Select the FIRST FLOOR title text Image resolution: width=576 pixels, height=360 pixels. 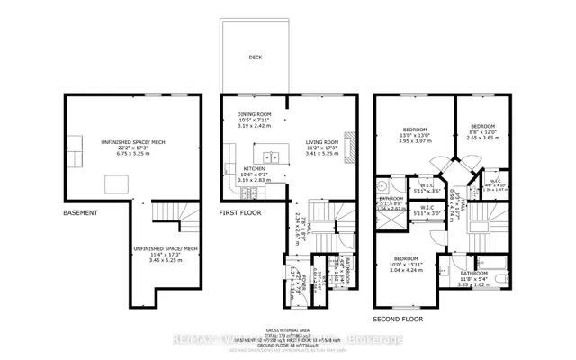click(x=241, y=213)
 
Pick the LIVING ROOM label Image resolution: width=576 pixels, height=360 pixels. click(x=322, y=141)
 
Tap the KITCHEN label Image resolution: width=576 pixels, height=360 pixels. click(x=253, y=168)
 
